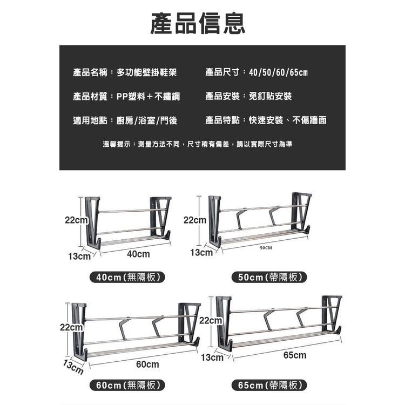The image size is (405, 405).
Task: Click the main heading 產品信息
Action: point(198,23)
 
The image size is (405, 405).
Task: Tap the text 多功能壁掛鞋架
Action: point(146,72)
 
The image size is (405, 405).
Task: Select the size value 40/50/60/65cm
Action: point(278,72)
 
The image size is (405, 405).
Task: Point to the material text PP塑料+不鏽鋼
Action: point(148,96)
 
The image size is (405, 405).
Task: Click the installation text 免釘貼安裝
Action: point(270,96)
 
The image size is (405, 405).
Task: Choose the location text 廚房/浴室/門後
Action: point(147,120)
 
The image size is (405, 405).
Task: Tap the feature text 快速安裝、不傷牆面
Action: point(287,120)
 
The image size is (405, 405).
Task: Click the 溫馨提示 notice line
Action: point(197,144)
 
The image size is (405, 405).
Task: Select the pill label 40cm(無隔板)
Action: point(127,277)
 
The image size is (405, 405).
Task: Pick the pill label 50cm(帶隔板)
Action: point(269,277)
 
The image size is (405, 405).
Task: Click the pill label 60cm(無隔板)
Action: point(127,385)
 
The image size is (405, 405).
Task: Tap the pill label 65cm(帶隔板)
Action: point(269,385)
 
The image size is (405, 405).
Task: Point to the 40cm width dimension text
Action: point(138,254)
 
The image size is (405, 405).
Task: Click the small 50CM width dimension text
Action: point(266,248)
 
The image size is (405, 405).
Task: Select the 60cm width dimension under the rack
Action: point(147,364)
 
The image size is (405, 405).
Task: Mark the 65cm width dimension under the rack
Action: point(295,355)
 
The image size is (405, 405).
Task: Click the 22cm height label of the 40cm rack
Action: point(76,220)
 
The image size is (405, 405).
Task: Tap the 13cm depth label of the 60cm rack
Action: point(73,367)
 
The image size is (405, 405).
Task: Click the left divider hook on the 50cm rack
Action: point(241,219)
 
